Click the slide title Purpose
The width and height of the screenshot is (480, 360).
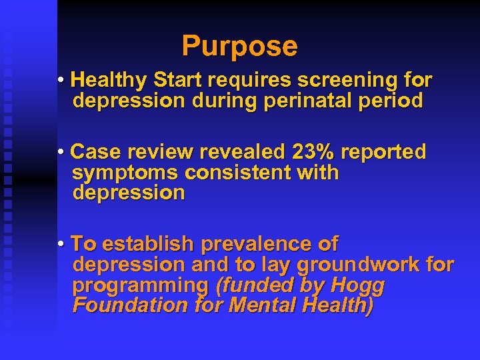tap(239, 46)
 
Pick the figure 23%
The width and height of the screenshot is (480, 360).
tap(313, 152)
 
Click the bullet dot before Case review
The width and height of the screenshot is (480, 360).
tap(61, 153)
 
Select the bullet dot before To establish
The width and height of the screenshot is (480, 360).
tap(61, 244)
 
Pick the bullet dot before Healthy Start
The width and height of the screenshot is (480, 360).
tap(61, 81)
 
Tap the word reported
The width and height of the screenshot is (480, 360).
tap(383, 152)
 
